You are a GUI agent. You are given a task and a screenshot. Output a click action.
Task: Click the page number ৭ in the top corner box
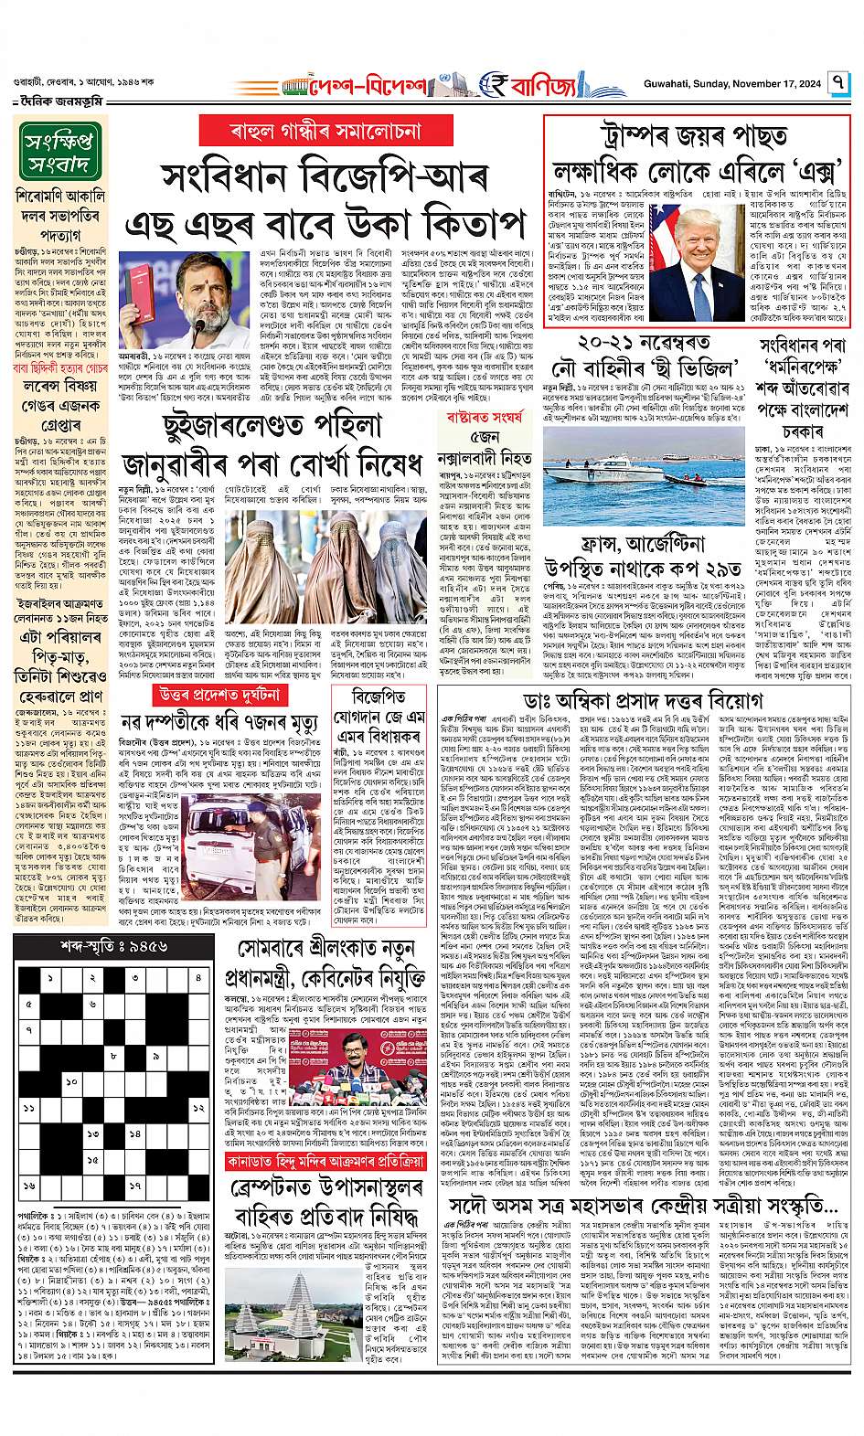(x=838, y=89)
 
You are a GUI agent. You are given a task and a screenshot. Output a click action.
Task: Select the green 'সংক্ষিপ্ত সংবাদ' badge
(x=61, y=153)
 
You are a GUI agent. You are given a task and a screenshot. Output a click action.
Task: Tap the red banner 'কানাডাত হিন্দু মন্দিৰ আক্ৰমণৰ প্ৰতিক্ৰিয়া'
(x=326, y=1163)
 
